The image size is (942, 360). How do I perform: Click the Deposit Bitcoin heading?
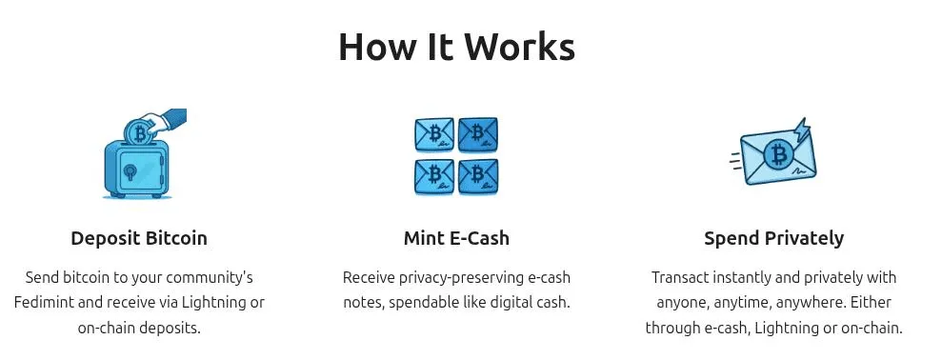point(139,238)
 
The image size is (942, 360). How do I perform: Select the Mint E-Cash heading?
point(456,238)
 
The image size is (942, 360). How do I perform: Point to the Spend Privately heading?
point(773,238)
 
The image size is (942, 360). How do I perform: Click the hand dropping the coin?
point(171,120)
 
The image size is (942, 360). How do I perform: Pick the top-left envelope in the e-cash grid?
point(434,134)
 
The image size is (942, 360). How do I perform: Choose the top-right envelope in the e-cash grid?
point(477,134)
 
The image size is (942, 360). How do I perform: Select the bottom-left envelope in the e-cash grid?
point(434,175)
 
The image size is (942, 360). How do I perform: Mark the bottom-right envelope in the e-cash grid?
point(477,175)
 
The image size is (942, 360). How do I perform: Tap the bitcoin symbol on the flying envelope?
point(780,155)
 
